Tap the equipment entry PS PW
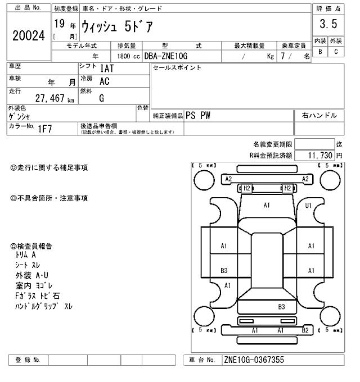pyautogui.click(x=198, y=115)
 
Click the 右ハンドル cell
pyautogui.click(x=319, y=115)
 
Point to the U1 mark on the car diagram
pyautogui.click(x=308, y=206)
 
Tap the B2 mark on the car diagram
pyautogui.click(x=305, y=330)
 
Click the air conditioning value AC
pyautogui.click(x=104, y=81)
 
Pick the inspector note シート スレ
pyautogui.click(x=29, y=265)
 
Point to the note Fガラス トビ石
pyautogui.click(x=38, y=295)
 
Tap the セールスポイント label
pyautogui.click(x=177, y=67)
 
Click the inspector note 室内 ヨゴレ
pyautogui.click(x=37, y=285)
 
